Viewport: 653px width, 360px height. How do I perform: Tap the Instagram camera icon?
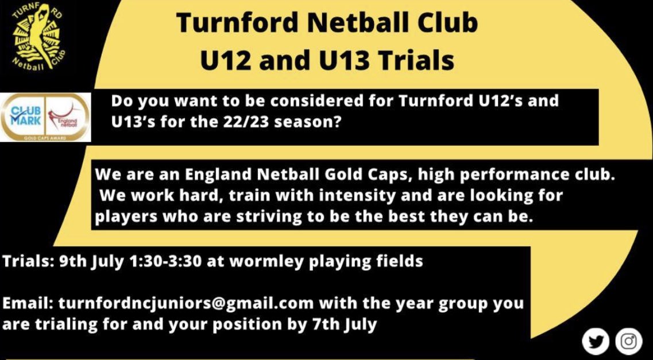click(629, 341)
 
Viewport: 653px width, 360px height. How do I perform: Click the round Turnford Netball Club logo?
click(38, 41)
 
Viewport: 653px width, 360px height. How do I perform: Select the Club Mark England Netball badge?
click(45, 117)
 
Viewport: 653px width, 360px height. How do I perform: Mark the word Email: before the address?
click(28, 303)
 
